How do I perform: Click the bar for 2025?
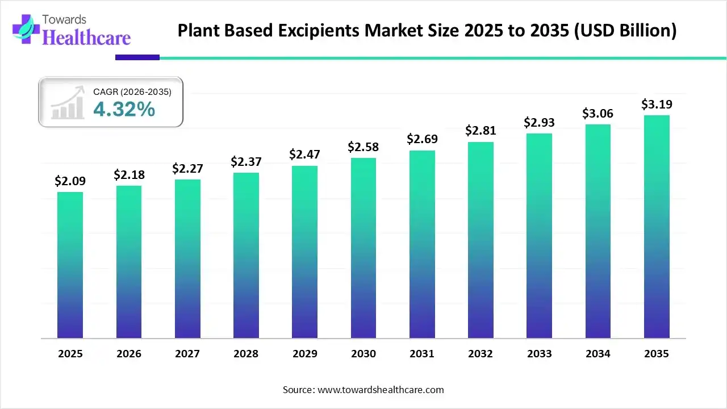(x=70, y=265)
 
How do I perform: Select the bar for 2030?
(x=363, y=248)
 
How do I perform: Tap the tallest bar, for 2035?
(x=657, y=227)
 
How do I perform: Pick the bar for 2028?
(x=246, y=255)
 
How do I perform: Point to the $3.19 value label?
(x=657, y=105)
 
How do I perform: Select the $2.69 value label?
(x=422, y=139)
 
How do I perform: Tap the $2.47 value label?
(x=304, y=154)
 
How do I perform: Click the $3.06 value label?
(x=598, y=114)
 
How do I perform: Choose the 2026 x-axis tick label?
(x=128, y=354)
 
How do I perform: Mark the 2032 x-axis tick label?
(x=481, y=354)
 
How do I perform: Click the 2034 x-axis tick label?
(x=598, y=354)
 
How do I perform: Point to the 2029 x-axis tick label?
(x=304, y=354)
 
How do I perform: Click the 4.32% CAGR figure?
(x=124, y=109)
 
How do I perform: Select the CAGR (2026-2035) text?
(x=132, y=91)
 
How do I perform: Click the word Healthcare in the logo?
(x=87, y=37)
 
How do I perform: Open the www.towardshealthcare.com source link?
(x=379, y=390)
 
